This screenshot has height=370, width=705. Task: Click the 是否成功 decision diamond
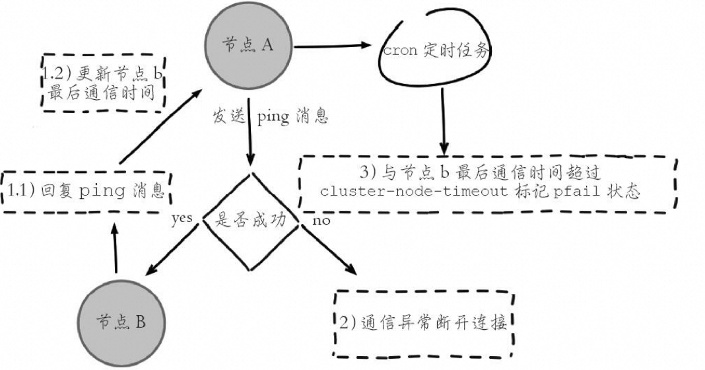click(251, 221)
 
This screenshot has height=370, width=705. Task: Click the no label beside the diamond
click(321, 220)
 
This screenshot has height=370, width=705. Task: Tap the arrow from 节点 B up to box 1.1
click(116, 250)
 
